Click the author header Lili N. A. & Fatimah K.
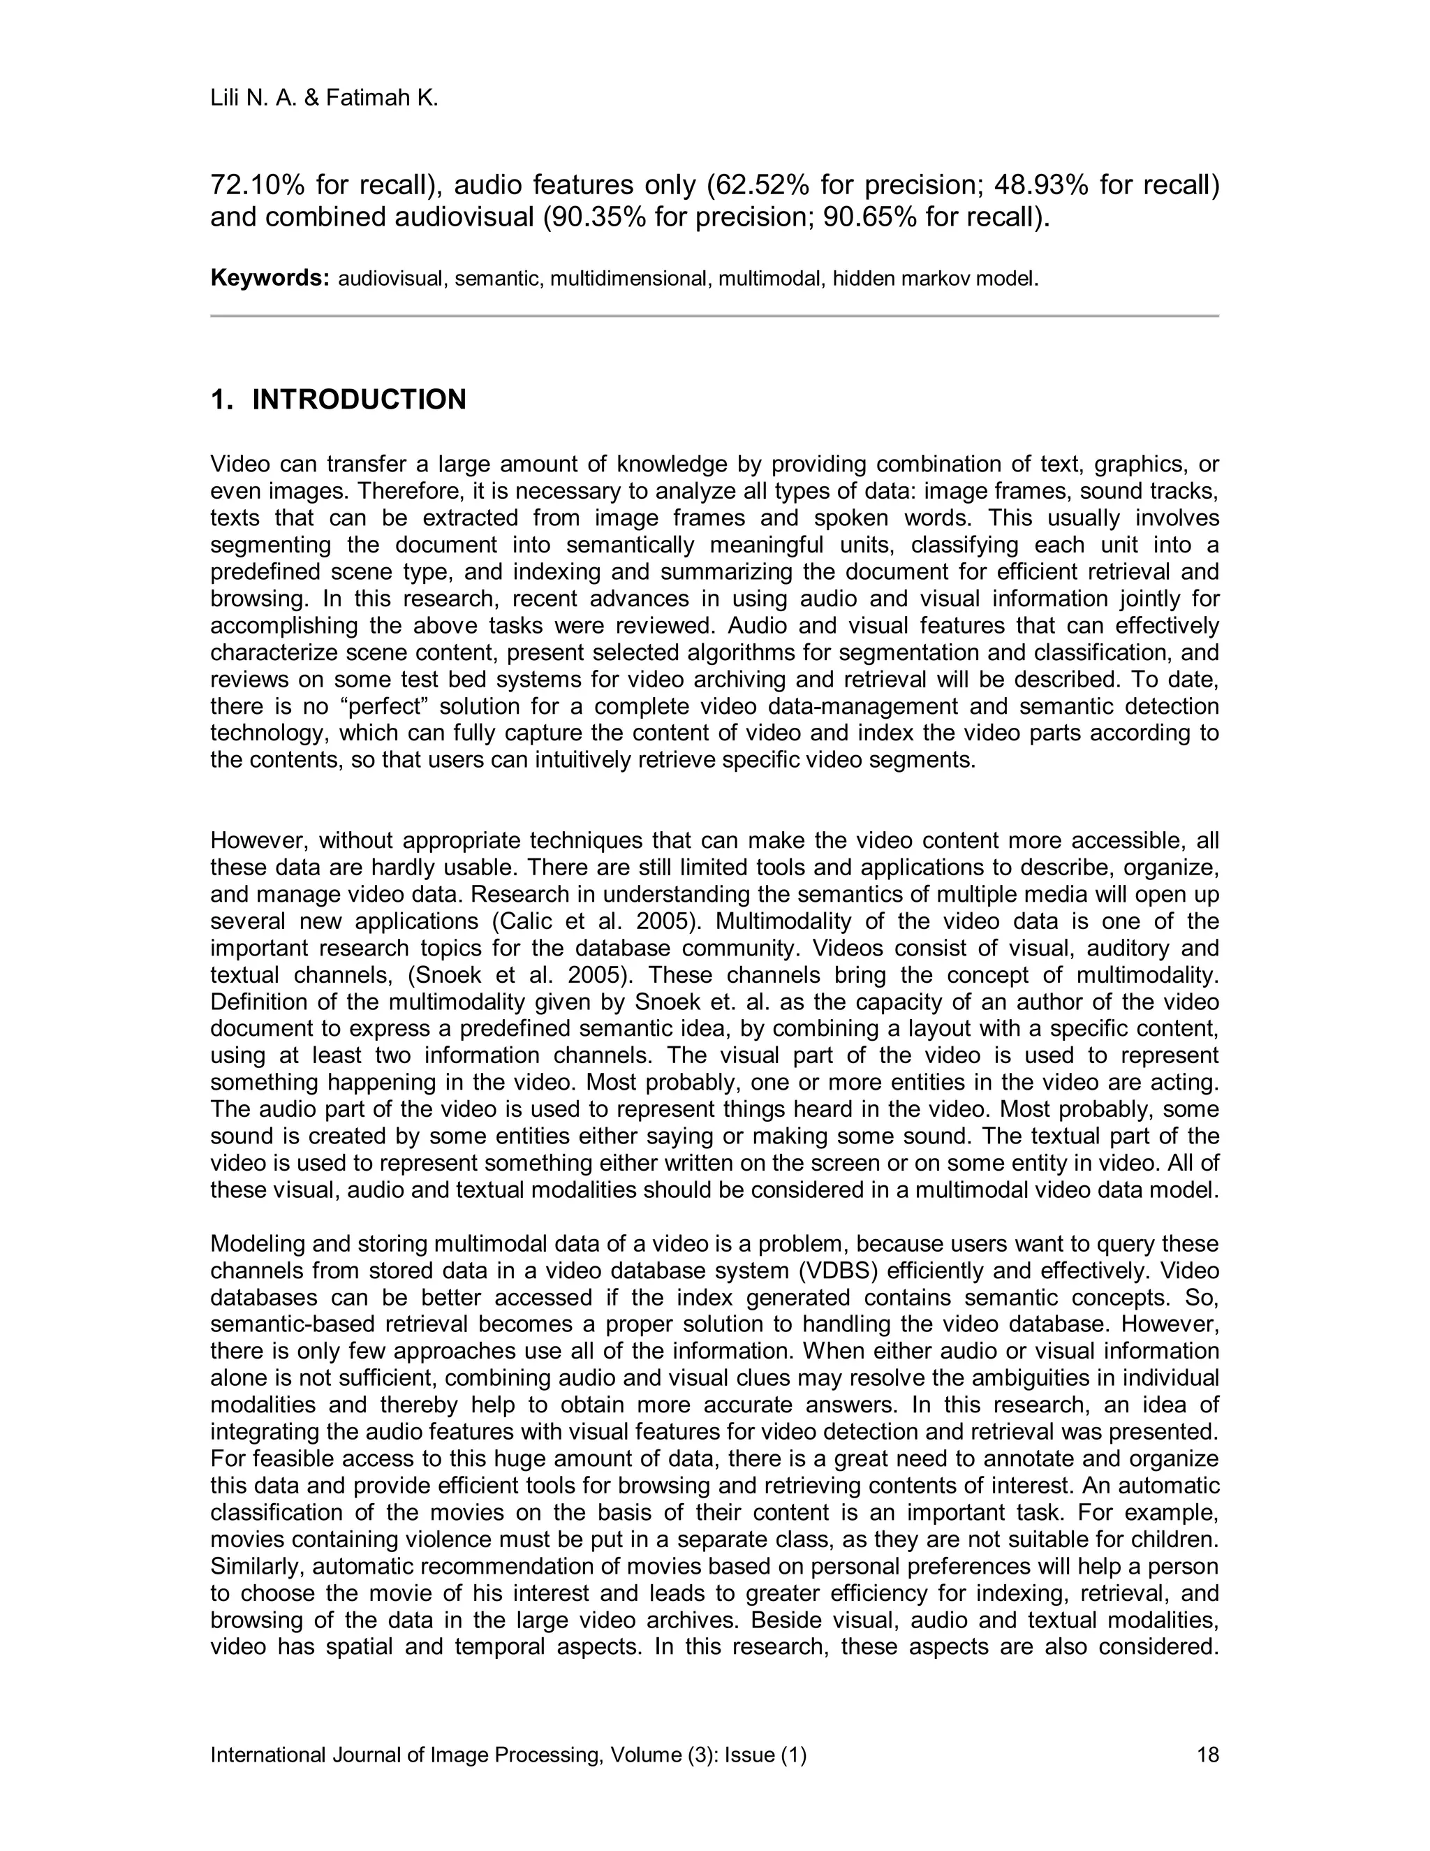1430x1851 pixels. [x=325, y=99]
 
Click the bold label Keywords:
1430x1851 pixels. [x=270, y=279]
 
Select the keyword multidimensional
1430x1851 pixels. [x=629, y=279]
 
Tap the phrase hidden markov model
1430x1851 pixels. [x=935, y=279]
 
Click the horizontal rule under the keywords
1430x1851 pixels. [x=714, y=316]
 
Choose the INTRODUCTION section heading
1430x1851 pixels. [x=359, y=400]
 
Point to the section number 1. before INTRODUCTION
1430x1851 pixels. [x=222, y=400]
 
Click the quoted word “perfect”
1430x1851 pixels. [x=382, y=707]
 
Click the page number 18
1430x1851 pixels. [x=1207, y=1755]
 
